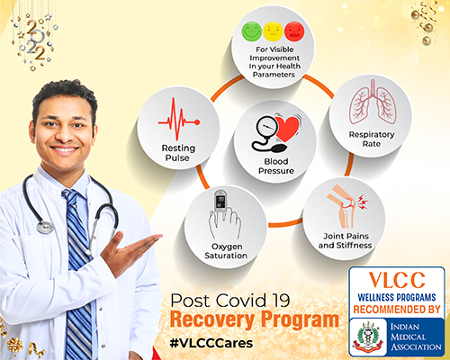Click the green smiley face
(252, 31)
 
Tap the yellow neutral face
(274, 31)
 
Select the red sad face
(294, 31)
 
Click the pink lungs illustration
(373, 102)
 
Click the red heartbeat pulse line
(179, 119)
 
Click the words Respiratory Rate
(372, 139)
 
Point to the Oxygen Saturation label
(226, 251)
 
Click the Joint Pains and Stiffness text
(346, 240)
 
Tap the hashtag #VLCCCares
(211, 343)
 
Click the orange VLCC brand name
(397, 280)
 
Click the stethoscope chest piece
(45, 227)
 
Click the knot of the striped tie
(70, 196)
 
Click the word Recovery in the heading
(212, 319)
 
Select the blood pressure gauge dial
(265, 128)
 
